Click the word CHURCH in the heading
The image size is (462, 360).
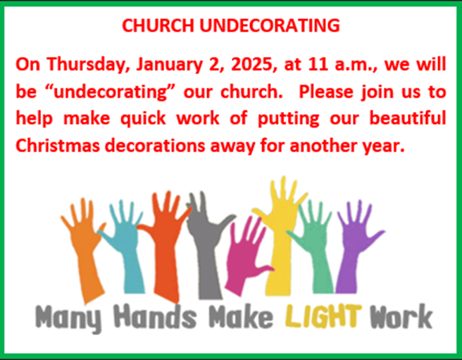(x=158, y=25)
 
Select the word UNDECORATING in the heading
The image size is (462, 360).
(x=270, y=25)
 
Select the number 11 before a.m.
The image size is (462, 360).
(x=318, y=64)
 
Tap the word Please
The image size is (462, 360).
(x=326, y=92)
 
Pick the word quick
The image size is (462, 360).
(x=143, y=119)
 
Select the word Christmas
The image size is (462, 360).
(x=58, y=145)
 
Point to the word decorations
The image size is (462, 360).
(x=155, y=145)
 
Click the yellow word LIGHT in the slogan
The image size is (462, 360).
(x=323, y=316)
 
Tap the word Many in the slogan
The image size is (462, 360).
(x=68, y=318)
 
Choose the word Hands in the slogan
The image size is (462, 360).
(x=155, y=316)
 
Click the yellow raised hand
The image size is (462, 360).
(x=278, y=236)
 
